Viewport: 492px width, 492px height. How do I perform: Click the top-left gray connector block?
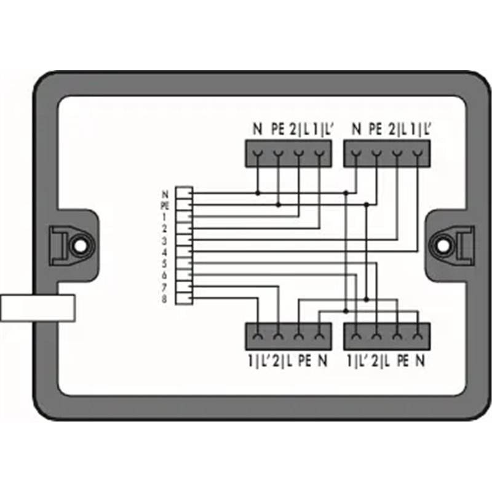tap(288, 154)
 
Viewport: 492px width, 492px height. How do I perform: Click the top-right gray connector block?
tap(387, 154)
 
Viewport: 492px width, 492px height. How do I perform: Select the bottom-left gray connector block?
tap(288, 336)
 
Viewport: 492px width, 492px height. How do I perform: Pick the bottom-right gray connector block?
tap(387, 336)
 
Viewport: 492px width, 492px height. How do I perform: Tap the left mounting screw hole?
tap(80, 245)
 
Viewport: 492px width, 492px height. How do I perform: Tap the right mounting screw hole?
tap(443, 245)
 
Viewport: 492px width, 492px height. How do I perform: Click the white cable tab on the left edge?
tap(38, 308)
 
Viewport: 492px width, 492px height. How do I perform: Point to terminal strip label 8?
tap(164, 299)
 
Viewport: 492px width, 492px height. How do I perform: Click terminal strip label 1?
tap(164, 217)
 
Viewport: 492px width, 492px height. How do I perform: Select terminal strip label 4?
tap(164, 252)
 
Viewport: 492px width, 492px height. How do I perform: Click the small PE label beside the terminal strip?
tap(165, 206)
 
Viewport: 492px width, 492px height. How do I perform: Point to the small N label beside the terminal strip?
tap(165, 194)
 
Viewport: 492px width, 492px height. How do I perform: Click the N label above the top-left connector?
tap(257, 129)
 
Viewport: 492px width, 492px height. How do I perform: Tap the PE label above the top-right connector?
tap(375, 129)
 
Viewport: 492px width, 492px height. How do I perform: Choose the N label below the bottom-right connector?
tap(420, 361)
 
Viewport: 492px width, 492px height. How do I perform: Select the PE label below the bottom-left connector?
tap(304, 361)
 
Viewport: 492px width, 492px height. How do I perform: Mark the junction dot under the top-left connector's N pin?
tap(258, 193)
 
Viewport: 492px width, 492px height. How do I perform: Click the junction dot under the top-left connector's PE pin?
tap(279, 205)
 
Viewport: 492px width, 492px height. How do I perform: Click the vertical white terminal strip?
tap(184, 245)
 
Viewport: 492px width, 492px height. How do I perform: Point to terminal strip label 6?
tap(164, 276)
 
